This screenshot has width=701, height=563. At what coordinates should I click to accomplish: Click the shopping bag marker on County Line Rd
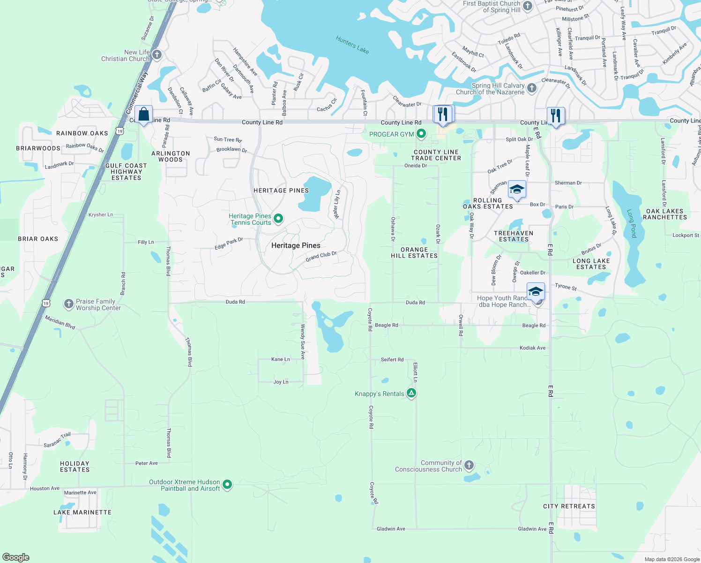click(x=143, y=114)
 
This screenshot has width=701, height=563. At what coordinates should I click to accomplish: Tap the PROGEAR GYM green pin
click(x=421, y=134)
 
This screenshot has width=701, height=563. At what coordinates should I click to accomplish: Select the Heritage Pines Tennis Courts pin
click(x=278, y=219)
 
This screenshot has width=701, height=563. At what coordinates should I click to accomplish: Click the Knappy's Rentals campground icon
click(x=411, y=393)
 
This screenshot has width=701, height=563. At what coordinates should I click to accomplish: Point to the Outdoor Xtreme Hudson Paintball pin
click(x=227, y=485)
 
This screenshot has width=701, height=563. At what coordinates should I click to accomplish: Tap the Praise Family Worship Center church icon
click(x=69, y=304)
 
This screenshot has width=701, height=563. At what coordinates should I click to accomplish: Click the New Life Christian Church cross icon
click(x=157, y=55)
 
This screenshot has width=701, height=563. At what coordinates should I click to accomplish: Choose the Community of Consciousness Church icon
click(x=469, y=465)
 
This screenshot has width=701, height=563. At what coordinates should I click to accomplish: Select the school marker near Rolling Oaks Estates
click(x=516, y=190)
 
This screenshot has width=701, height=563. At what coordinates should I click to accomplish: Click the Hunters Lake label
click(x=352, y=45)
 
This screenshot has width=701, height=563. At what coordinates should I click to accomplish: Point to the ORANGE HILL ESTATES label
click(x=414, y=253)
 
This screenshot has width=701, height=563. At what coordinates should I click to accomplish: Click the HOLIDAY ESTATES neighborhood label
click(x=75, y=466)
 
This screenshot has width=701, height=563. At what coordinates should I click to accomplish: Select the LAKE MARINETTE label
click(x=82, y=512)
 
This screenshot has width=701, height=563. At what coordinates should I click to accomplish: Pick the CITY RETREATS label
click(x=569, y=506)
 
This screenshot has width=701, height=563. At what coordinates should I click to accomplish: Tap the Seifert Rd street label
click(x=392, y=360)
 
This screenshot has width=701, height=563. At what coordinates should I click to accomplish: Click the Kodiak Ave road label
click(x=533, y=348)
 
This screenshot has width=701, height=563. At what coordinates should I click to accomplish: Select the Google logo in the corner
click(x=16, y=557)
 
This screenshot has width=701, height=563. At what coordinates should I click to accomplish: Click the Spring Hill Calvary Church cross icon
click(x=532, y=88)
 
